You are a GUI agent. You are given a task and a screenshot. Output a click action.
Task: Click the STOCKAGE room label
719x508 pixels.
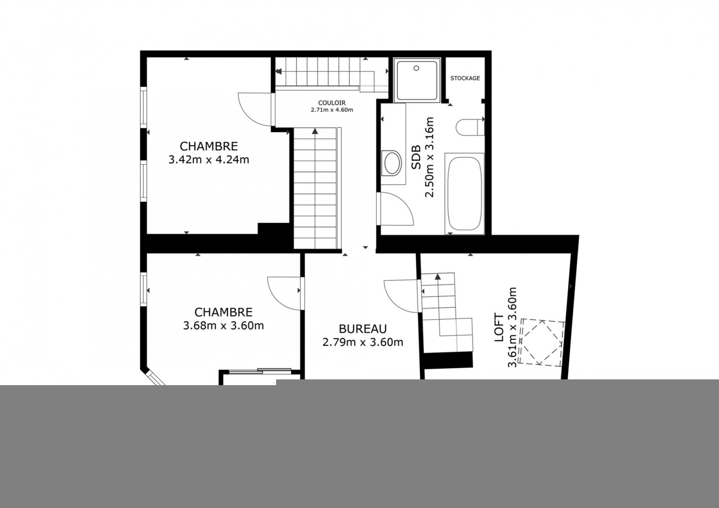[465, 78]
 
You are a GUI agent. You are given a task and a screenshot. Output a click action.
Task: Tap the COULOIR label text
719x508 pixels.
[332, 103]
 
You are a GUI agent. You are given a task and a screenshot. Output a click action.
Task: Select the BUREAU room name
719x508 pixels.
[363, 329]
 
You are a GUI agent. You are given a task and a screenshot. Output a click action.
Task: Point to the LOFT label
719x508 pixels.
[499, 327]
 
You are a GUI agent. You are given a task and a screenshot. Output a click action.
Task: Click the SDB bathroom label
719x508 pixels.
[416, 157]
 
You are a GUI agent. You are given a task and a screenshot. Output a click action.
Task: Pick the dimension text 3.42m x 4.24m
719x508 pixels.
[209, 159]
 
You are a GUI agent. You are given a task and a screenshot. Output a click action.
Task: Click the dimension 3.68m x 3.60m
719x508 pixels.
[223, 326]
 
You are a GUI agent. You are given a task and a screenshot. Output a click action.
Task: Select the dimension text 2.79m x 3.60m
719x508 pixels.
[363, 343]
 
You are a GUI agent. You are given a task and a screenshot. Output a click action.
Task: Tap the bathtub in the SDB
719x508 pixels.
[464, 193]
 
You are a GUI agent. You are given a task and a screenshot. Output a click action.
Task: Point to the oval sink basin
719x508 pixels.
[392, 163]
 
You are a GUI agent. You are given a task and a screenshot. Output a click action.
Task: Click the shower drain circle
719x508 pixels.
[416, 68]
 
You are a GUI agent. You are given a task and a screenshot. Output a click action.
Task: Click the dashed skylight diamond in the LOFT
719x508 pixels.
[541, 343]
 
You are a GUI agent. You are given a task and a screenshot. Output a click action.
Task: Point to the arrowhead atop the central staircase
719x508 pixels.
[315, 131]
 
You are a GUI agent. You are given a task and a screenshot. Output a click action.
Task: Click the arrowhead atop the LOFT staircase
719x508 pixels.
[437, 277]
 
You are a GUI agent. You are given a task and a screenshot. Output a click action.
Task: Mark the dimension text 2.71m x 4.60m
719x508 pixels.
[332, 110]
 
